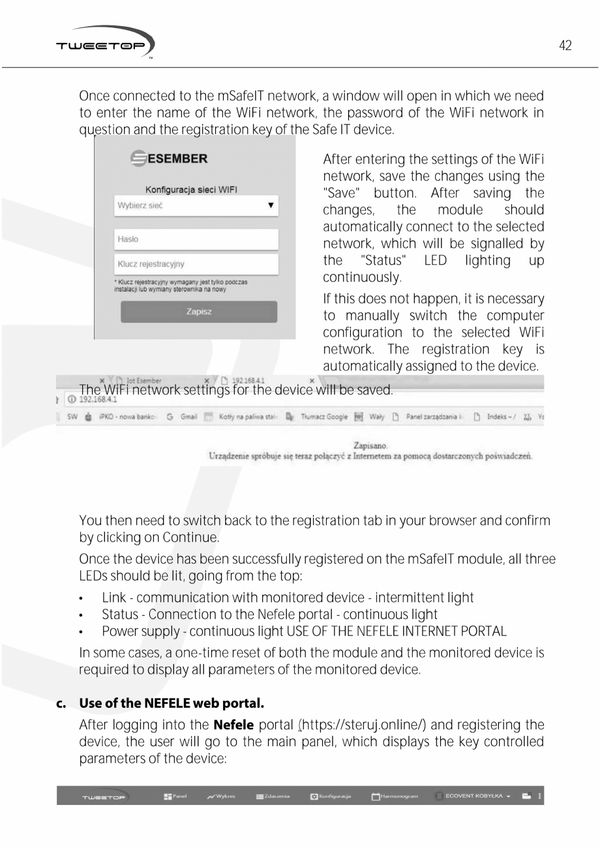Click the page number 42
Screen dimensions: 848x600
(x=565, y=46)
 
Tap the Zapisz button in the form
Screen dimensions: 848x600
(x=198, y=312)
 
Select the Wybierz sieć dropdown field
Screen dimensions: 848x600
(x=196, y=205)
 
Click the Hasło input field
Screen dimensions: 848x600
(x=196, y=239)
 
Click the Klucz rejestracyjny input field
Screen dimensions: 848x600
(x=196, y=264)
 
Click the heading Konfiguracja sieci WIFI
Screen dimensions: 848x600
(x=190, y=189)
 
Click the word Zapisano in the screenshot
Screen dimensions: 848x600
(x=368, y=446)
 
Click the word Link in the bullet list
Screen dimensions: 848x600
(x=113, y=598)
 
